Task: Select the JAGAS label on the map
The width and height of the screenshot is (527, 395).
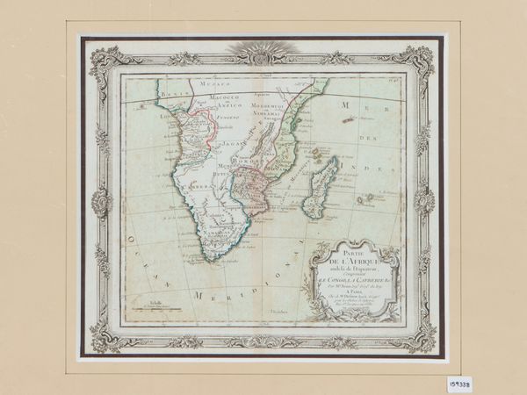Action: click(x=231, y=140)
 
